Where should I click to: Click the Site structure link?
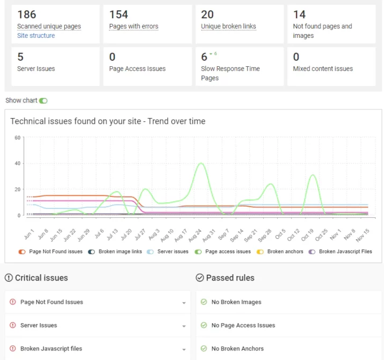[x=36, y=36]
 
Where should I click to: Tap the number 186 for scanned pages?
[x=27, y=14]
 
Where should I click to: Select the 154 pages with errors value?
[x=119, y=14]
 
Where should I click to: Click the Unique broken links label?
[x=228, y=26]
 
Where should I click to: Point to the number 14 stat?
[x=299, y=14]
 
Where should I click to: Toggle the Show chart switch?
[x=43, y=100]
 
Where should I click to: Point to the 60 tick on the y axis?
[x=17, y=138]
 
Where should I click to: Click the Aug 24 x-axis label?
[x=196, y=235]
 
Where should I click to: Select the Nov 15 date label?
[x=363, y=235]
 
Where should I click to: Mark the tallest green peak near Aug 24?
[x=201, y=163]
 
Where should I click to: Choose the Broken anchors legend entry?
[x=285, y=252]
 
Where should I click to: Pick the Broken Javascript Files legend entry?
[x=345, y=252]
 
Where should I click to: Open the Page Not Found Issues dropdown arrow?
[x=184, y=303]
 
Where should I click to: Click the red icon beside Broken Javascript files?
[x=13, y=348]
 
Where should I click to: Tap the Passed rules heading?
[x=230, y=278]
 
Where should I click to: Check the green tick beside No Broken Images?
[x=203, y=302]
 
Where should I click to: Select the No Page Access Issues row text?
[x=243, y=325]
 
